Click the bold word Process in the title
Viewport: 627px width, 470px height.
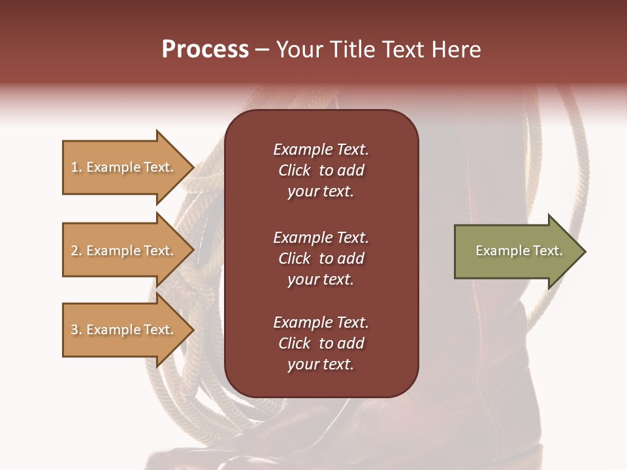pyautogui.click(x=205, y=50)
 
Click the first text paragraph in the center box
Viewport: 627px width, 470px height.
pyautogui.click(x=321, y=170)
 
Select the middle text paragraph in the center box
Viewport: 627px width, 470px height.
pyautogui.click(x=321, y=258)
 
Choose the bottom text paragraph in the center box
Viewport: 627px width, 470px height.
pyautogui.click(x=321, y=343)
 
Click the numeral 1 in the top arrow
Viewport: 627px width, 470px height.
pyautogui.click(x=74, y=167)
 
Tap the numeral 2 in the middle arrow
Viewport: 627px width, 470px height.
pyautogui.click(x=74, y=251)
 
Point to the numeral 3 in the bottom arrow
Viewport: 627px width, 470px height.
pyautogui.click(x=74, y=330)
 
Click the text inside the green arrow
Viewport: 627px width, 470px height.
pyautogui.click(x=519, y=251)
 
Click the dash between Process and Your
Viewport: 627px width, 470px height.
pyautogui.click(x=262, y=50)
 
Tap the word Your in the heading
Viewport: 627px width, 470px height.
pyautogui.click(x=300, y=50)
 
